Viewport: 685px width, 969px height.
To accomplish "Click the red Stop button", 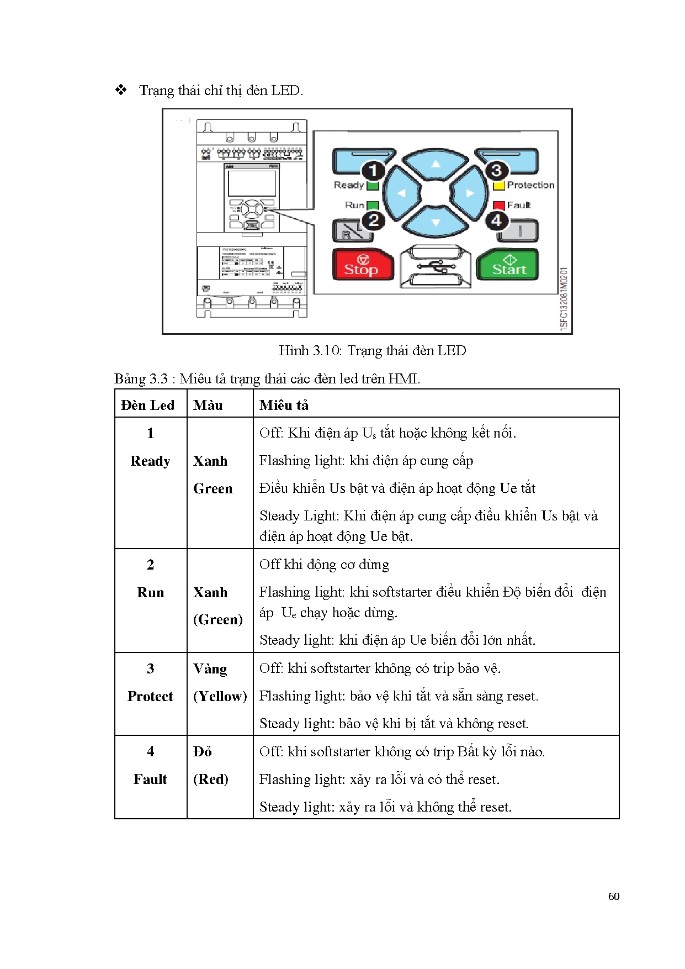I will (x=362, y=265).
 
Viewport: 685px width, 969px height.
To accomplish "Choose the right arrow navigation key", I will (x=470, y=193).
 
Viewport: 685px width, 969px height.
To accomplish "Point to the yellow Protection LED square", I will (x=499, y=186).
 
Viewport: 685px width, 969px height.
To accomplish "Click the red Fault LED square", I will (x=499, y=206).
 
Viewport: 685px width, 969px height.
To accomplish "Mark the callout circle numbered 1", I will (x=373, y=170).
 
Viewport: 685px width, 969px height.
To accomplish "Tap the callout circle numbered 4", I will (x=496, y=220).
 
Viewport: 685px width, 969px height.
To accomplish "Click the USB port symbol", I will (x=436, y=267).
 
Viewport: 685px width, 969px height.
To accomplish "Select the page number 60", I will (x=614, y=897).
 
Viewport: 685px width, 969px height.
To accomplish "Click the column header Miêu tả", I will (x=284, y=405).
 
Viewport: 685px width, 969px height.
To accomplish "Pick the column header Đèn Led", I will (x=147, y=405).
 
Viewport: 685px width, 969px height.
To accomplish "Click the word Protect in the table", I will (x=150, y=696).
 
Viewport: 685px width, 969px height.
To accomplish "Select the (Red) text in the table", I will (x=210, y=779).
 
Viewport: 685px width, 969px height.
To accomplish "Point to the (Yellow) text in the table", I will (x=220, y=696).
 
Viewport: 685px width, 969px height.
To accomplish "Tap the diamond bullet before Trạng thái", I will (x=121, y=90).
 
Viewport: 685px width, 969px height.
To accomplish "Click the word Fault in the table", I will (x=150, y=779).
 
